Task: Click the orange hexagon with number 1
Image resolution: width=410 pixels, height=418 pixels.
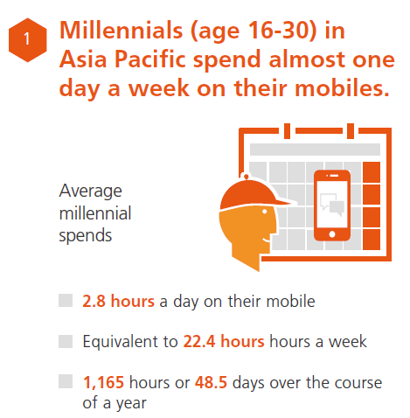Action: coord(28,40)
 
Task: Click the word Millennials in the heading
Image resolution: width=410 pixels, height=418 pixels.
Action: coord(121,30)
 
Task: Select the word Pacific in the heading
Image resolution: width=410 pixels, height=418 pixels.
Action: coord(149,59)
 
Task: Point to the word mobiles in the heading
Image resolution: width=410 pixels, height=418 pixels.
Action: coord(342,87)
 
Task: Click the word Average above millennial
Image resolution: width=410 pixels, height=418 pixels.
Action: coord(91,192)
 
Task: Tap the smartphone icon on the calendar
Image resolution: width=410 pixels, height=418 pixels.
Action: coord(332,206)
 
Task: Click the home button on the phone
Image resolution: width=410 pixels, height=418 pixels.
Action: coord(332,234)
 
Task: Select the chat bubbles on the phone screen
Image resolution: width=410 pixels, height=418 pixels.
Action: coord(332,205)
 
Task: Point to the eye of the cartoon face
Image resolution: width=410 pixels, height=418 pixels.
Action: coord(265,212)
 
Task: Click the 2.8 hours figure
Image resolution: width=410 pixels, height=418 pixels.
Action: coord(118,301)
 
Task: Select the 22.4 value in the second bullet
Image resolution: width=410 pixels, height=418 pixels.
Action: coord(199,341)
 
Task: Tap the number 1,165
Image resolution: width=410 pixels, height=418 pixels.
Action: coord(103,382)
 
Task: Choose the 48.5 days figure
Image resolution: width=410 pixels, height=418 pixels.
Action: coord(211,382)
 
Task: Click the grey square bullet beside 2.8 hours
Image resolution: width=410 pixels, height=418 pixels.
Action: coord(66,301)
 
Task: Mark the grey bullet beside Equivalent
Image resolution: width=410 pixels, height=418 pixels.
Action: coord(66,341)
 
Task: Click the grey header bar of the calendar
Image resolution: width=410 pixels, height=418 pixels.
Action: coord(315,150)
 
